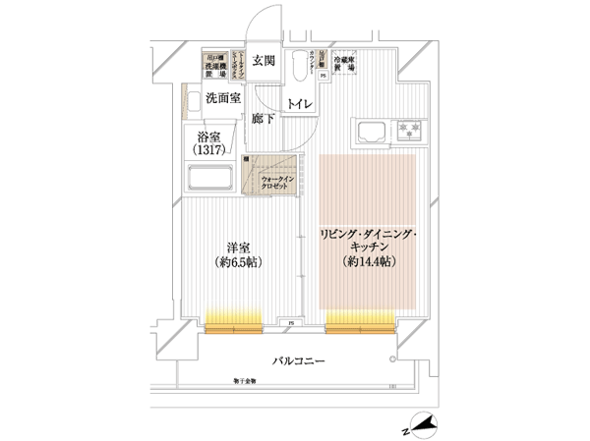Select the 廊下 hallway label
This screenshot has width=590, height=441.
coord(262,119)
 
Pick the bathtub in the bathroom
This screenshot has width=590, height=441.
coord(208,180)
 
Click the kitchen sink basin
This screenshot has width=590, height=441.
coord(372,132)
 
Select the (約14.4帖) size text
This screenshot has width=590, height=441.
coord(368,262)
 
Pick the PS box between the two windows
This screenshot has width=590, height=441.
coord(291,322)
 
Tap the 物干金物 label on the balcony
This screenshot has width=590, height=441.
coord(246,380)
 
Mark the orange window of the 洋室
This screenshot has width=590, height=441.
coord(233,317)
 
